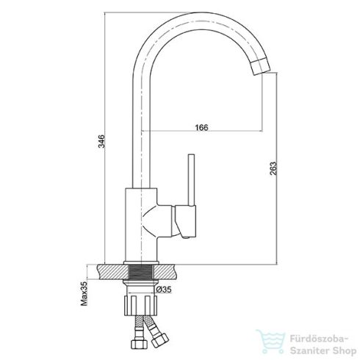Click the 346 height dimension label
coord(101,141)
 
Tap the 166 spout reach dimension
coord(201,128)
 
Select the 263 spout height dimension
coord(273,168)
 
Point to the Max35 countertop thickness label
coord(84,294)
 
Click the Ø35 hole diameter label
coord(164,289)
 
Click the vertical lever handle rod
coord(191,180)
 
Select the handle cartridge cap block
coord(186,222)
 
